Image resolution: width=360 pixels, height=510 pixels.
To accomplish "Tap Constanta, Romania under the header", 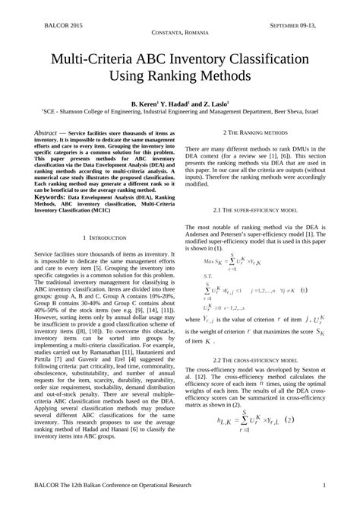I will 179,35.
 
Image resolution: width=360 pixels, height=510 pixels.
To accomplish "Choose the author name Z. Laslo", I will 223,101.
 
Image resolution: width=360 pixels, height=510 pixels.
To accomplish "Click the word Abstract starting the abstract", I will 47,133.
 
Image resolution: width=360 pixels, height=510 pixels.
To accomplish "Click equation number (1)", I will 304,291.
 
